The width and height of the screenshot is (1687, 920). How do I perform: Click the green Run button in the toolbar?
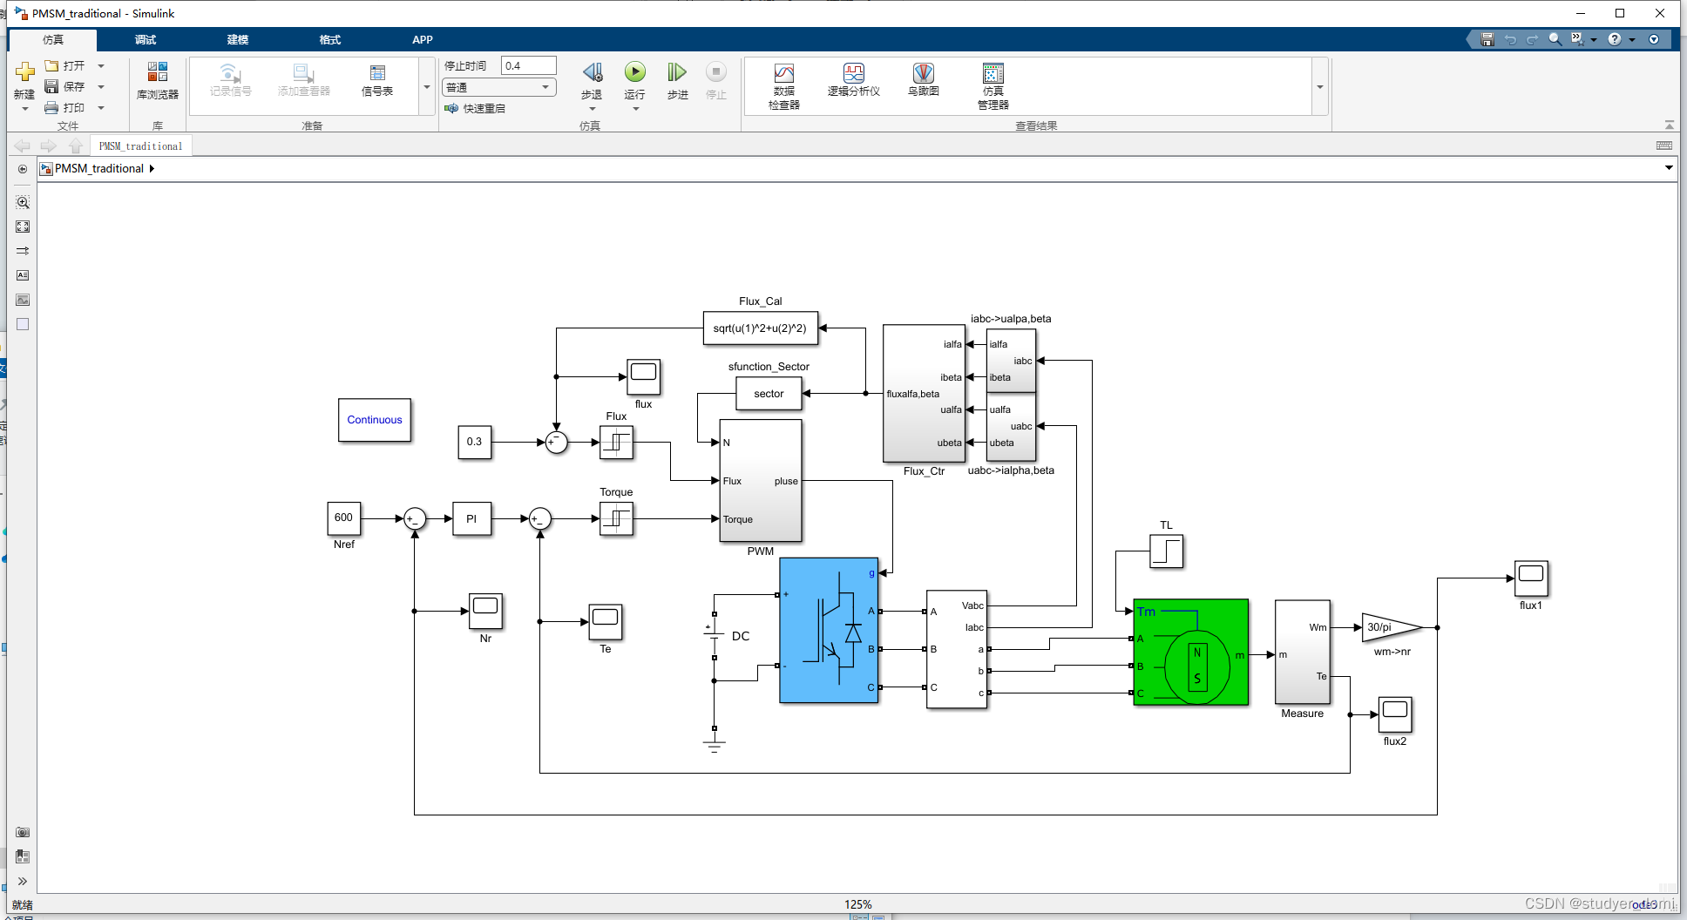click(x=635, y=72)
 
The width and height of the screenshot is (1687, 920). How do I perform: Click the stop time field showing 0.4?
click(x=528, y=66)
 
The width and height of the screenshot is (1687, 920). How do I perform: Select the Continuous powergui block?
click(x=375, y=420)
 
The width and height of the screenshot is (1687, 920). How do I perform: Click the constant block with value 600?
click(x=344, y=517)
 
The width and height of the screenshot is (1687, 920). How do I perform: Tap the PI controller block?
click(x=471, y=518)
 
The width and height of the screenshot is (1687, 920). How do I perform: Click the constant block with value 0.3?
click(x=474, y=442)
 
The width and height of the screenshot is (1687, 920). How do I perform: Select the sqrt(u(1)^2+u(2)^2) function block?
click(x=760, y=328)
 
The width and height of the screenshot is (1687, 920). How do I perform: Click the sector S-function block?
click(x=769, y=394)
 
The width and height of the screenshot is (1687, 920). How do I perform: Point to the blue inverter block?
click(x=829, y=630)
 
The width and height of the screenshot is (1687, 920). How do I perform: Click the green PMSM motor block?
click(x=1190, y=652)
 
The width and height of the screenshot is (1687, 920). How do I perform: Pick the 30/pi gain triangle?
click(x=1387, y=627)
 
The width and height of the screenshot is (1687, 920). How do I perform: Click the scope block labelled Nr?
click(x=485, y=610)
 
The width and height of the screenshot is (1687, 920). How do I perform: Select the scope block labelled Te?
click(x=606, y=621)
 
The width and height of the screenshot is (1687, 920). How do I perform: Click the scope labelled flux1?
click(x=1531, y=578)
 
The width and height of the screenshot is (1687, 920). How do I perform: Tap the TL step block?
click(x=1166, y=551)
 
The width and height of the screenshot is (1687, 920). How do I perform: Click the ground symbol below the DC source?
click(x=714, y=746)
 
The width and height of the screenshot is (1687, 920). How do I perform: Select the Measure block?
click(x=1302, y=651)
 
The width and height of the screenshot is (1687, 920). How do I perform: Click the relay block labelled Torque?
click(x=616, y=519)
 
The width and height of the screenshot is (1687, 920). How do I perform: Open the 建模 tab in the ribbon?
click(x=238, y=40)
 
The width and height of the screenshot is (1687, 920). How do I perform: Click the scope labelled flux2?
click(x=1394, y=714)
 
